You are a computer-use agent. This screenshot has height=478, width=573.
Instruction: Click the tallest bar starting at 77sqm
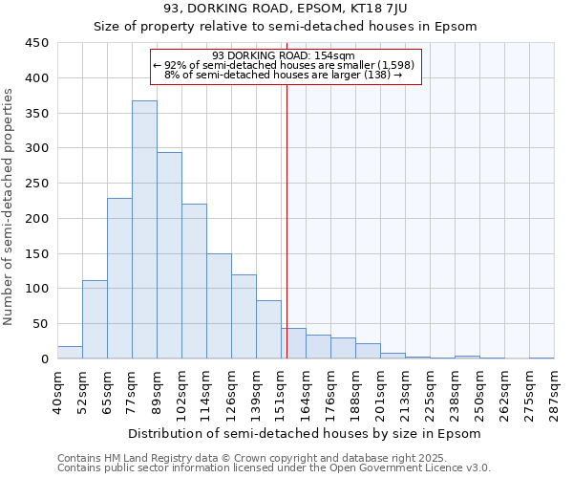pos(144,229)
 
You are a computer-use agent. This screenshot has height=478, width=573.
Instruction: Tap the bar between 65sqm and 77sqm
pos(119,278)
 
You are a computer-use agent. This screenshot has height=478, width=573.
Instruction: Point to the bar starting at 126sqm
pos(244,316)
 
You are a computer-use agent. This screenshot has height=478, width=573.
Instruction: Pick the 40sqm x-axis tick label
pos(57,390)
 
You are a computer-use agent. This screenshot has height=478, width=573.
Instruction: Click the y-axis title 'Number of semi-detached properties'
pos(10,206)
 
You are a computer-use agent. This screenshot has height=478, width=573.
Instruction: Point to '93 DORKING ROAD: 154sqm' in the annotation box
pos(283,55)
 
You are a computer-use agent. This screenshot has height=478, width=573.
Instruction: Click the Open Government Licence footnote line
pos(274,467)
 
